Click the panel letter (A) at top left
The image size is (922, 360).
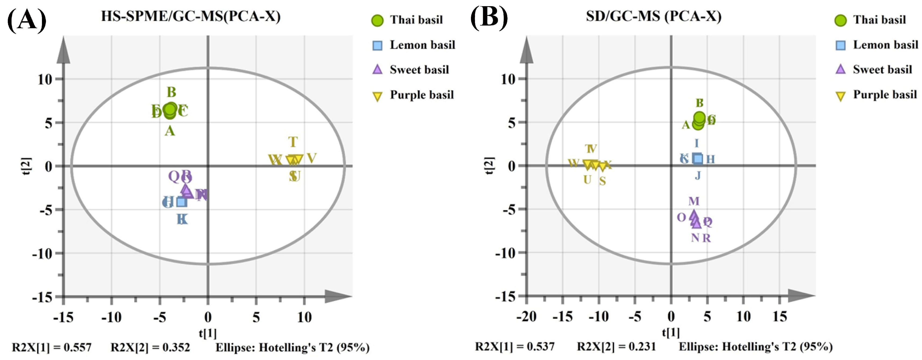coord(27,20)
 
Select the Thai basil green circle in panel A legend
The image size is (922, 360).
coord(377,21)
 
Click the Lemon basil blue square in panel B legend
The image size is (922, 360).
coord(840,45)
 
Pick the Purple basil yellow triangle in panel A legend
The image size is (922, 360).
coord(377,96)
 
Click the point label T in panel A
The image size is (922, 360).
coord(293,142)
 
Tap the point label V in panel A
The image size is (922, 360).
coord(312,158)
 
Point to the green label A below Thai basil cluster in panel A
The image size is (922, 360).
coord(170,131)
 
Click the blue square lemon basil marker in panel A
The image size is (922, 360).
coord(181,202)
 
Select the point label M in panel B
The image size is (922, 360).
coord(694,201)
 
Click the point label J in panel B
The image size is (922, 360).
coord(698,176)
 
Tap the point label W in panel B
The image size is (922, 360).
coord(573,163)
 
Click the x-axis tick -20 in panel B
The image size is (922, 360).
coord(526,317)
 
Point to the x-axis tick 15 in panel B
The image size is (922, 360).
coord(780,317)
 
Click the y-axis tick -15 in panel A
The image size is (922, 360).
coord(42,297)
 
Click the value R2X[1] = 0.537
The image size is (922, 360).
coord(515,347)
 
